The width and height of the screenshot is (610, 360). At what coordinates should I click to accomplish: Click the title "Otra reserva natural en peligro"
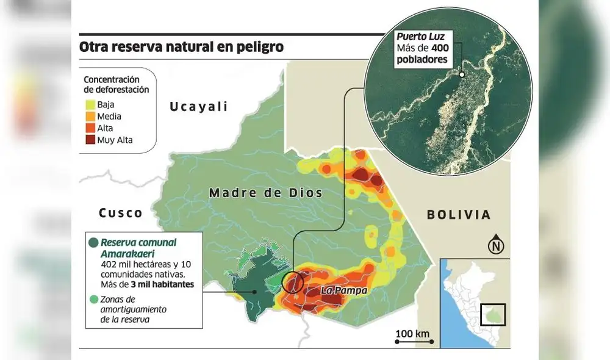181,47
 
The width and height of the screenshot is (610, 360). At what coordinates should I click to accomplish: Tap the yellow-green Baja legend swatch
90,104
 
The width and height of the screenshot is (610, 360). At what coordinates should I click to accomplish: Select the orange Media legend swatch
90,117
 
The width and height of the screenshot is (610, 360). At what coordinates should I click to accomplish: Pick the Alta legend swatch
90,128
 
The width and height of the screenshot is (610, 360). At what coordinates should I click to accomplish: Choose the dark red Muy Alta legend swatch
90,140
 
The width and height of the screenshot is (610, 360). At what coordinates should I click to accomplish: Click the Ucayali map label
199,107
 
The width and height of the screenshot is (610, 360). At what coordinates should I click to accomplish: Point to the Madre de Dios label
265,193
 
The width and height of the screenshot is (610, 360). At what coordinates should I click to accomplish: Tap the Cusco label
121,213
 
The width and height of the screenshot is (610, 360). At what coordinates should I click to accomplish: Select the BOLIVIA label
459,215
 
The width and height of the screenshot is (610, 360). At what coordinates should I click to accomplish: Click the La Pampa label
343,290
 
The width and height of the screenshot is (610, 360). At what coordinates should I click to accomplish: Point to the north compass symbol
496,245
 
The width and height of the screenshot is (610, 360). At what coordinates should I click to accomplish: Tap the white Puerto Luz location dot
462,75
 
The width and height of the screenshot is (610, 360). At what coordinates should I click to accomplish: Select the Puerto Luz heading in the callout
419,36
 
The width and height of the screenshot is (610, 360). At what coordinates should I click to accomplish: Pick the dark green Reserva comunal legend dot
93,243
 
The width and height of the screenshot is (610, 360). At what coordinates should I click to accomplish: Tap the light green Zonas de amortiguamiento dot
93,299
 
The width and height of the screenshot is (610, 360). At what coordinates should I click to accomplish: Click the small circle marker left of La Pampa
293,282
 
